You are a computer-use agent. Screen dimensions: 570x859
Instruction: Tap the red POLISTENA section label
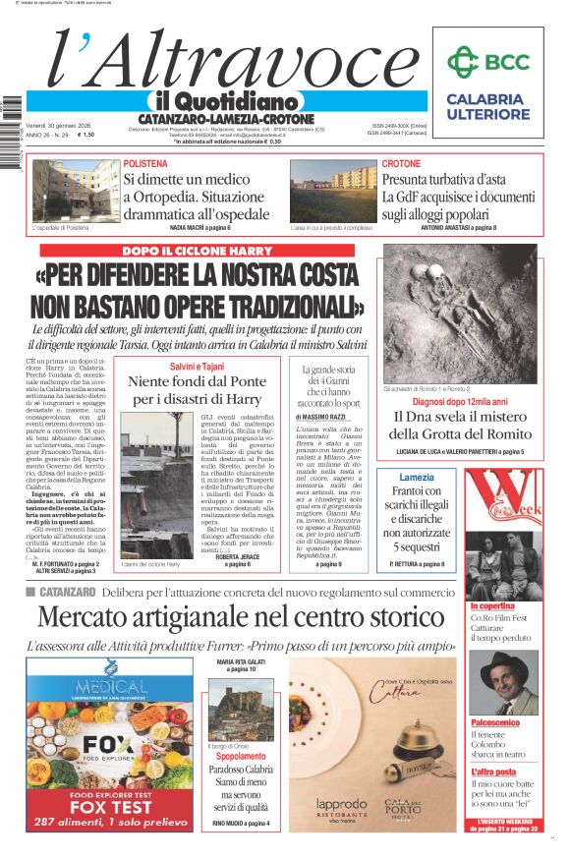[145, 163]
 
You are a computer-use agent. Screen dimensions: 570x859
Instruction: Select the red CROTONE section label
[401, 163]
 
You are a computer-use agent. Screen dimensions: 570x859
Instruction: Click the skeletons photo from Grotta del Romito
[460, 314]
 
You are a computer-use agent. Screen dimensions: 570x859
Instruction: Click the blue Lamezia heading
[416, 477]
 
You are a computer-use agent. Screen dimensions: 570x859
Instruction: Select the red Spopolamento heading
[241, 757]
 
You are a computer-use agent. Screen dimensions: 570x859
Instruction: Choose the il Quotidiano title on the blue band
[223, 101]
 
